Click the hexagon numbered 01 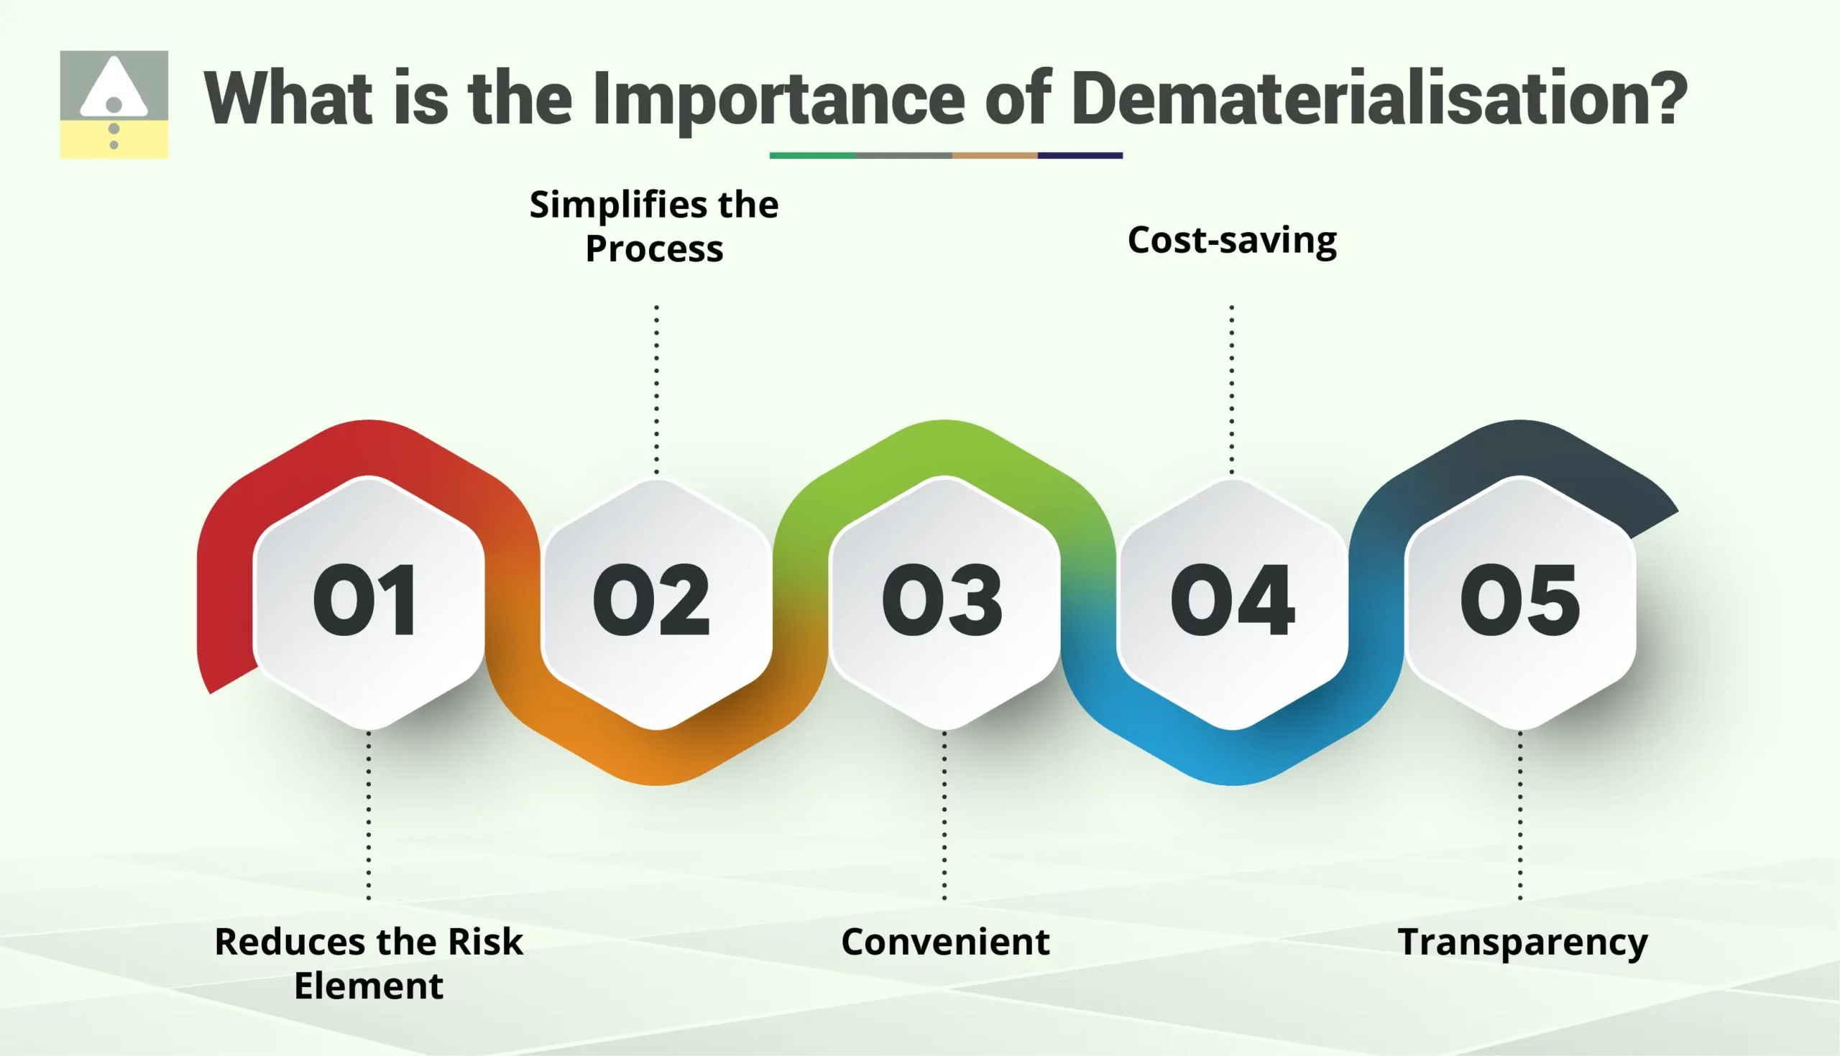[369, 602]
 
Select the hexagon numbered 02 [656, 602]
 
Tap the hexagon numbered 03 [944, 602]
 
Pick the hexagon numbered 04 [1232, 602]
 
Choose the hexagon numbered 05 [1520, 602]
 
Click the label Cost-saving [1232, 241]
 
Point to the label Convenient [944, 942]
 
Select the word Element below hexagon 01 [369, 986]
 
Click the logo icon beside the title [114, 104]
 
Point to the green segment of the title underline [812, 155]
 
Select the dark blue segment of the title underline [1080, 155]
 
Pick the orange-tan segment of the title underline [994, 155]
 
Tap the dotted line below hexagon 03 [944, 815]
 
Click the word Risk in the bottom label [484, 942]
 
